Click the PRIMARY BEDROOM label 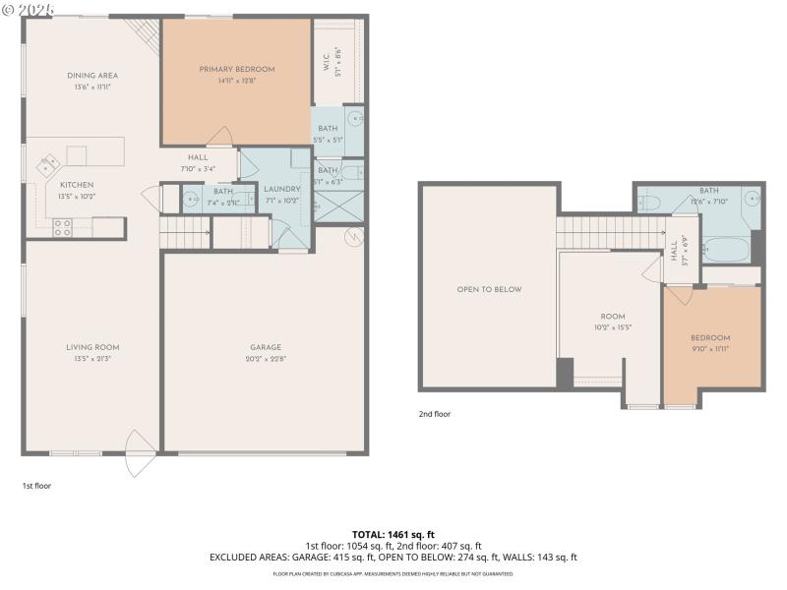pos(236,69)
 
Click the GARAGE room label pos(266,347)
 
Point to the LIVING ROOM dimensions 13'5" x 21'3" pos(92,359)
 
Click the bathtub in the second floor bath pos(729,250)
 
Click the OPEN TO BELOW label pos(489,289)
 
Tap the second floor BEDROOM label pos(710,337)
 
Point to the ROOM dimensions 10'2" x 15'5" pos(612,327)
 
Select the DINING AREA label pos(92,76)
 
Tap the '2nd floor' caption pos(434,414)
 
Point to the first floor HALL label pos(198,157)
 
